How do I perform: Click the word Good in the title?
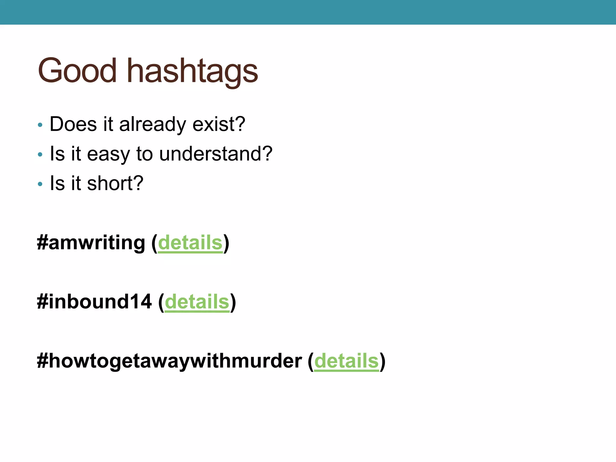click(77, 71)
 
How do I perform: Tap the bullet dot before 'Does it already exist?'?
click(40, 125)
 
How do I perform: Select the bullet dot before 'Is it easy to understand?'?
click(40, 155)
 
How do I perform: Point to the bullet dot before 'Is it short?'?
click(40, 184)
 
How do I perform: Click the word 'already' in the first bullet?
click(152, 124)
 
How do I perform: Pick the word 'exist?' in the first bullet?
click(219, 124)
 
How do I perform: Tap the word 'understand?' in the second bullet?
click(216, 154)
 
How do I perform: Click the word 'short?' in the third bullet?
click(115, 183)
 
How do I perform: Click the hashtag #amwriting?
click(91, 243)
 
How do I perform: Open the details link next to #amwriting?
click(190, 243)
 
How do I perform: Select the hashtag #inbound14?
click(94, 302)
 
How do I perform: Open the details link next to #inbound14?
click(197, 302)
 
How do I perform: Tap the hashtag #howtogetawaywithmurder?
click(169, 361)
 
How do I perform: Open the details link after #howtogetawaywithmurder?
click(346, 361)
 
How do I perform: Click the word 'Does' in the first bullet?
click(73, 124)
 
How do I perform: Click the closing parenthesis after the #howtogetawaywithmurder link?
click(382, 361)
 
